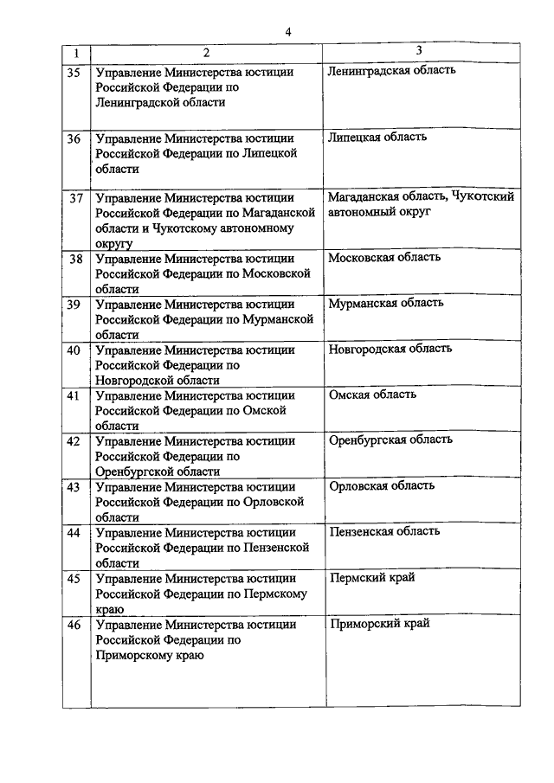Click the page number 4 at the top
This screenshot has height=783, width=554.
pos(288,32)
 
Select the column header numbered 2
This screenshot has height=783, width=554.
pos(207,53)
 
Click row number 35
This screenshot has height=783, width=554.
pos(74,71)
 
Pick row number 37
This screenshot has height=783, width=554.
pos(75,197)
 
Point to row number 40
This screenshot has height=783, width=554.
pos(74,350)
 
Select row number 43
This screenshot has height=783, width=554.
pos(74,487)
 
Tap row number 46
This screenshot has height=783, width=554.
pos(74,624)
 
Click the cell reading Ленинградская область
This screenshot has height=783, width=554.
pos(392,70)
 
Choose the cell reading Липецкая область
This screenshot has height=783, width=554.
pos(377,137)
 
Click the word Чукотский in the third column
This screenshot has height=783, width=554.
pos(483,196)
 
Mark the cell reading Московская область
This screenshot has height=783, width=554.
pos(384,257)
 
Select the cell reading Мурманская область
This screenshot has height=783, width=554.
pos(386,303)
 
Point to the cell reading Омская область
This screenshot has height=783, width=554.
pos(373,394)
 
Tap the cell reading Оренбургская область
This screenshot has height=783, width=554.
pos(390,440)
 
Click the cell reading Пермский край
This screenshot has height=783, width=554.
pos(372,577)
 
